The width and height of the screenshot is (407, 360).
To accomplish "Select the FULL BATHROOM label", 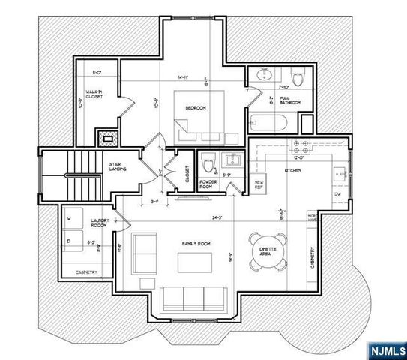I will (289, 100).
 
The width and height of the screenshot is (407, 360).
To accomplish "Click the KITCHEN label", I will (292, 172).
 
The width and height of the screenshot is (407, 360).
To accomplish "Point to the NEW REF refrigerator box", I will (260, 184).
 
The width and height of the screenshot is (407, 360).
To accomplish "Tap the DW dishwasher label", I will (338, 194).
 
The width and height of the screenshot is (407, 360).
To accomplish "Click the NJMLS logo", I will (385, 349).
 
